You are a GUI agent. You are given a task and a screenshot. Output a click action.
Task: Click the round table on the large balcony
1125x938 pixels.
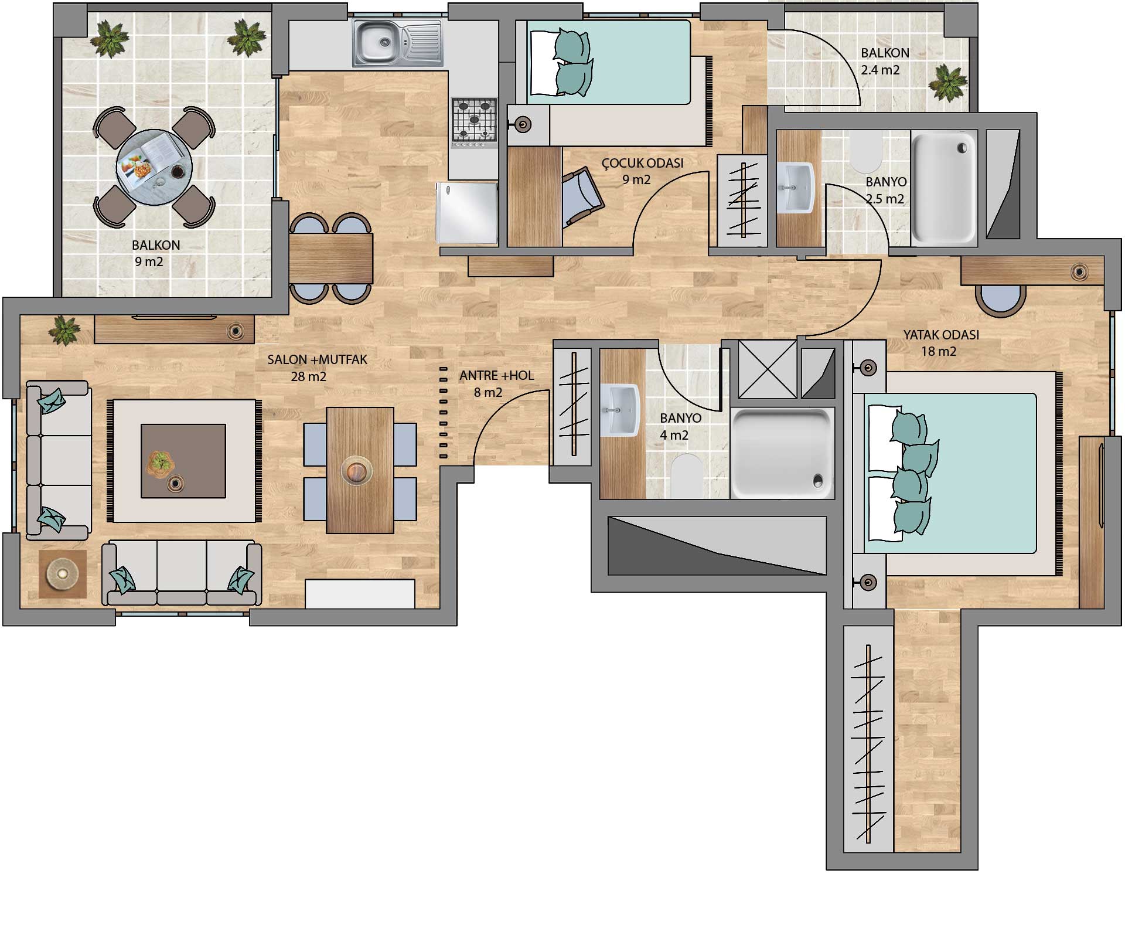pyautogui.click(x=155, y=168)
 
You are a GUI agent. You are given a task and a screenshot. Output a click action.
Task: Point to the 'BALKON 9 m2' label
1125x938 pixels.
pyautogui.click(x=156, y=253)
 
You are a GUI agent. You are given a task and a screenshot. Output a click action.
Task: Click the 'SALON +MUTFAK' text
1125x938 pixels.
pyautogui.click(x=318, y=359)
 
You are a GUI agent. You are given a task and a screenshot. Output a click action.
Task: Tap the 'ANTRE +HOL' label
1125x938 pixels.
pyautogui.click(x=497, y=376)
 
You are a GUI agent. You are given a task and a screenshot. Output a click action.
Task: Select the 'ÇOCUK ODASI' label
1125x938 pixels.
pyautogui.click(x=642, y=163)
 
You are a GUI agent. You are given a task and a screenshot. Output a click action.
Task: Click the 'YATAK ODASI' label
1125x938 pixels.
pyautogui.click(x=941, y=335)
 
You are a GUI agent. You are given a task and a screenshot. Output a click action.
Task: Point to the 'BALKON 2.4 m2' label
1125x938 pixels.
pyautogui.click(x=885, y=62)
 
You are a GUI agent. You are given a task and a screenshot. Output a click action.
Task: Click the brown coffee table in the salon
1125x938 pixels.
pyautogui.click(x=183, y=461)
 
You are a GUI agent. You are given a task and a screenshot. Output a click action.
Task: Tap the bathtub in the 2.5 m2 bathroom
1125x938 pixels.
pyautogui.click(x=944, y=188)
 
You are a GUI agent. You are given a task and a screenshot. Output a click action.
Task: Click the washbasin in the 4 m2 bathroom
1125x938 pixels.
pyautogui.click(x=620, y=410)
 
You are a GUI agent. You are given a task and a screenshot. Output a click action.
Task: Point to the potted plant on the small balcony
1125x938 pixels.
pyautogui.click(x=947, y=82)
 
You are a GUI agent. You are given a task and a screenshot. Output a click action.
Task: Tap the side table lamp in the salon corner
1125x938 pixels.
pyautogui.click(x=62, y=574)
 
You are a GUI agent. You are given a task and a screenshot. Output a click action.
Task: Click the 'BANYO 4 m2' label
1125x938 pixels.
pyautogui.click(x=680, y=427)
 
